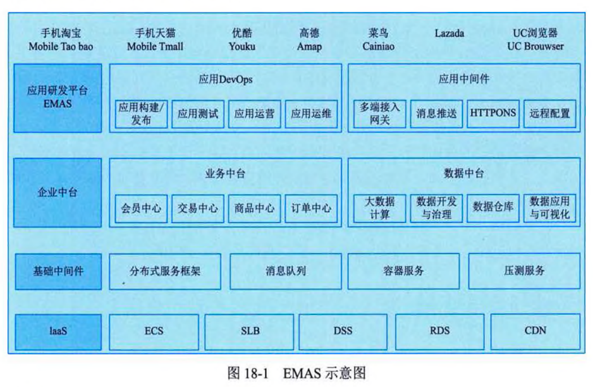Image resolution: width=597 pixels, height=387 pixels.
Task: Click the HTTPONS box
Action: pos(493,113)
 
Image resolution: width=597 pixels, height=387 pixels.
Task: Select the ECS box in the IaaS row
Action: pos(153,331)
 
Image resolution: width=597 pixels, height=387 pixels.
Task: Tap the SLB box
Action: pos(250,331)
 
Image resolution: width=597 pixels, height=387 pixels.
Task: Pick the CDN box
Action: pos(535,331)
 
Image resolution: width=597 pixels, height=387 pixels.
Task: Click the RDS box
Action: pos(440,331)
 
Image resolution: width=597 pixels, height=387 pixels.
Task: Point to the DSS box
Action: pos(343,331)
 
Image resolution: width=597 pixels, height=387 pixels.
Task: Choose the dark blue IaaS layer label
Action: pos(58,332)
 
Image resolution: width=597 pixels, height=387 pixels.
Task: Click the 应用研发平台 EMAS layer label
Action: pos(58,98)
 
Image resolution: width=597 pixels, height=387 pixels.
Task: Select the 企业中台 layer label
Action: pos(58,192)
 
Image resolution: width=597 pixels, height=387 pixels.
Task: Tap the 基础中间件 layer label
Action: pos(58,271)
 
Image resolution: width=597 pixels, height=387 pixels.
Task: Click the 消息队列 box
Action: pos(286,271)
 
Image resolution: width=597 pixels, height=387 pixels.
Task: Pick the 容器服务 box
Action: pos(403,271)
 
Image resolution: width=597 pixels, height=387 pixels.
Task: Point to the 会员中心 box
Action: pos(141,208)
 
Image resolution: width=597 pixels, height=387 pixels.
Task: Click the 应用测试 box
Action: pos(197,113)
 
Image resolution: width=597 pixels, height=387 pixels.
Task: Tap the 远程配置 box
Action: pos(550,113)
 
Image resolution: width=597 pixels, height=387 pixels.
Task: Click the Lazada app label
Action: pos(449,33)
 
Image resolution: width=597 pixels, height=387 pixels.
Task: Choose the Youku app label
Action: pos(242,39)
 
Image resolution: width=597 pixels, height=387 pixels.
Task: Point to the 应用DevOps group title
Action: pos(225,80)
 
